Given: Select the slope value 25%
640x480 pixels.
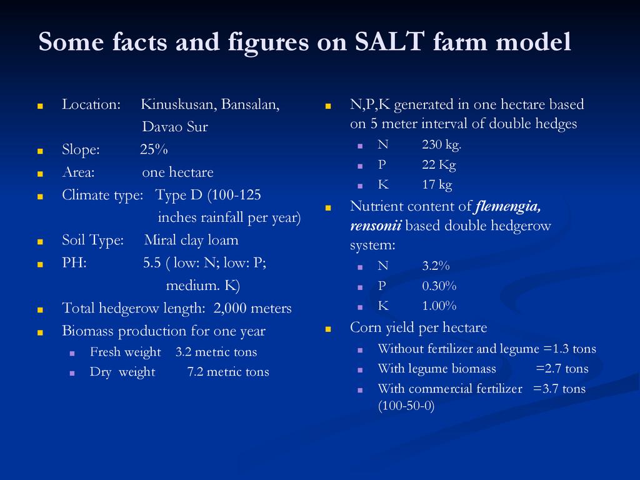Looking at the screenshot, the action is (x=154, y=149).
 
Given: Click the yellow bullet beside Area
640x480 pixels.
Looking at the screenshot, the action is (x=40, y=174).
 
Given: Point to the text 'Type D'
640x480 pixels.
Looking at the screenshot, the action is (x=179, y=195).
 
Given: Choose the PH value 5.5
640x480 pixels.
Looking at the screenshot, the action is (x=152, y=262).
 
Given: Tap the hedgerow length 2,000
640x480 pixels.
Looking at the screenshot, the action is (x=230, y=308).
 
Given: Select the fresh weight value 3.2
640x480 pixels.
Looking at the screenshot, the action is (x=183, y=352).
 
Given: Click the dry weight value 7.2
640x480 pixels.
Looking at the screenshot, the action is (x=195, y=372).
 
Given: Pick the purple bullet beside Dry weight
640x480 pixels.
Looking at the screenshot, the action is (x=72, y=373).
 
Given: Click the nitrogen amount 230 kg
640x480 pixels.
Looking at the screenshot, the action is (x=442, y=144).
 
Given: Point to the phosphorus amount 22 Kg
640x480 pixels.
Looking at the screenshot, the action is (x=439, y=165).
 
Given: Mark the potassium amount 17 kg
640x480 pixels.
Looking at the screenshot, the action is (x=437, y=185).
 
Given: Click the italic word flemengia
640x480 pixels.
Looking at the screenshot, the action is (x=507, y=206).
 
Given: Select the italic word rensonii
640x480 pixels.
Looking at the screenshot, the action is (x=376, y=226).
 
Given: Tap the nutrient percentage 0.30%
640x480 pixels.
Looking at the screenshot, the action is (x=439, y=286).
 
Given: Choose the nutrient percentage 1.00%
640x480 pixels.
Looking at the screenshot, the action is (x=439, y=306).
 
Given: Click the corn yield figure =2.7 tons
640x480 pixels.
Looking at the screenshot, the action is (x=562, y=369).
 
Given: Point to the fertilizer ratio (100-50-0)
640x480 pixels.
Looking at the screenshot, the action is (x=406, y=406).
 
